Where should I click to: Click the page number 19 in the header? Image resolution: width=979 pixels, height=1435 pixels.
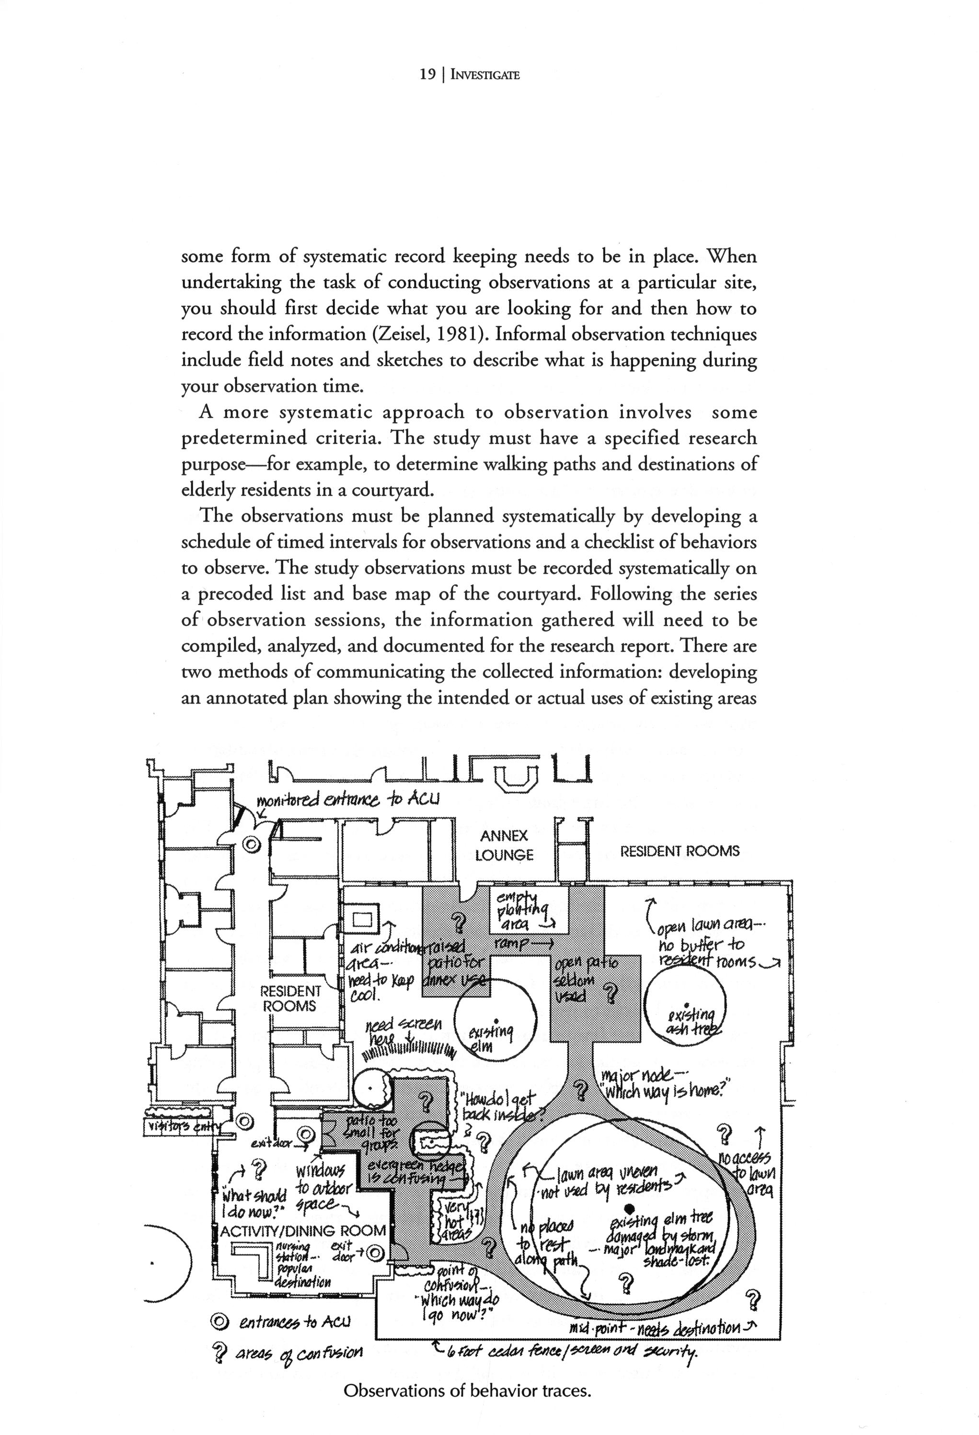click(x=427, y=75)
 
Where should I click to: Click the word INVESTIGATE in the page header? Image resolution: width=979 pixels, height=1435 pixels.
click(x=485, y=75)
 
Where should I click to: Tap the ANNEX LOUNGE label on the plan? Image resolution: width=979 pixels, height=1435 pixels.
click(x=504, y=845)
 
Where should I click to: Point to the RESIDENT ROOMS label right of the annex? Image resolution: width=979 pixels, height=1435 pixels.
click(x=680, y=851)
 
